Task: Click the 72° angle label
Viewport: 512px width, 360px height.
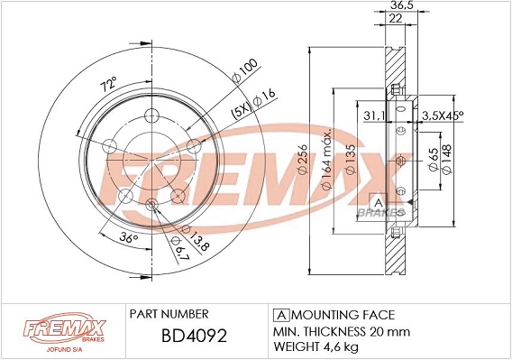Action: click(108, 85)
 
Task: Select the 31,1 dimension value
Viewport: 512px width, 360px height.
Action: click(372, 115)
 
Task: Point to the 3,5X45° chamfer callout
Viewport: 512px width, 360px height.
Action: click(443, 115)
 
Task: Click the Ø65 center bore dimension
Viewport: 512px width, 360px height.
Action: click(434, 162)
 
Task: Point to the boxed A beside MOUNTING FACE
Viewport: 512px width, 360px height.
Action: click(279, 314)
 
